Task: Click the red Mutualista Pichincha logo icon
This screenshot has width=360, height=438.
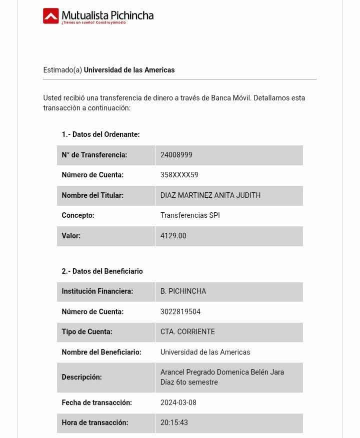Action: [x=51, y=16]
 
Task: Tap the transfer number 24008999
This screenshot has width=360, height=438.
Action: [x=176, y=155]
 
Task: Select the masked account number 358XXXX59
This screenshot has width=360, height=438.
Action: [x=179, y=175]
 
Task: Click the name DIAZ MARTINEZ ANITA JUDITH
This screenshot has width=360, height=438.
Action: [x=210, y=195]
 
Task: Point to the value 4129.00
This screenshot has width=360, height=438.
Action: [x=173, y=236]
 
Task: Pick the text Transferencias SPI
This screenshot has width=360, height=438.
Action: [x=190, y=215]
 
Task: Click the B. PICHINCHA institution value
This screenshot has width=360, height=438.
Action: [x=183, y=291]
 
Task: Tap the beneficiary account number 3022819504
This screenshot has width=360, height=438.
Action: [x=180, y=312]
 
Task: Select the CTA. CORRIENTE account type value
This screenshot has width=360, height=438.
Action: [x=187, y=332]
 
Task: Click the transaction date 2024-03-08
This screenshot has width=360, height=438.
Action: [x=178, y=403]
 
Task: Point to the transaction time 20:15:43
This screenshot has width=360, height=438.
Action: [x=174, y=423]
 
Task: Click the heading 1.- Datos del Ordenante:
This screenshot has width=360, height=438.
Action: [x=100, y=134]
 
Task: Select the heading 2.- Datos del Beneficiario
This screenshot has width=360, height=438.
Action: [x=102, y=271]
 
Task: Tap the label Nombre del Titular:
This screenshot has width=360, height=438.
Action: [x=92, y=195]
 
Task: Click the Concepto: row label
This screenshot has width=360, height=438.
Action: [x=78, y=215]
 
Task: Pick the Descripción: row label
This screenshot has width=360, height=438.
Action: [x=81, y=377]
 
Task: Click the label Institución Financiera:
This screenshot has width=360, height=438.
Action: [x=97, y=291]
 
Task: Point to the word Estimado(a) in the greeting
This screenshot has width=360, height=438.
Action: [x=62, y=70]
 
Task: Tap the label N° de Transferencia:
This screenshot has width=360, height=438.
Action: [x=94, y=155]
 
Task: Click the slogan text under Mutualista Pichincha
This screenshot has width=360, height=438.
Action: [x=93, y=22]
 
